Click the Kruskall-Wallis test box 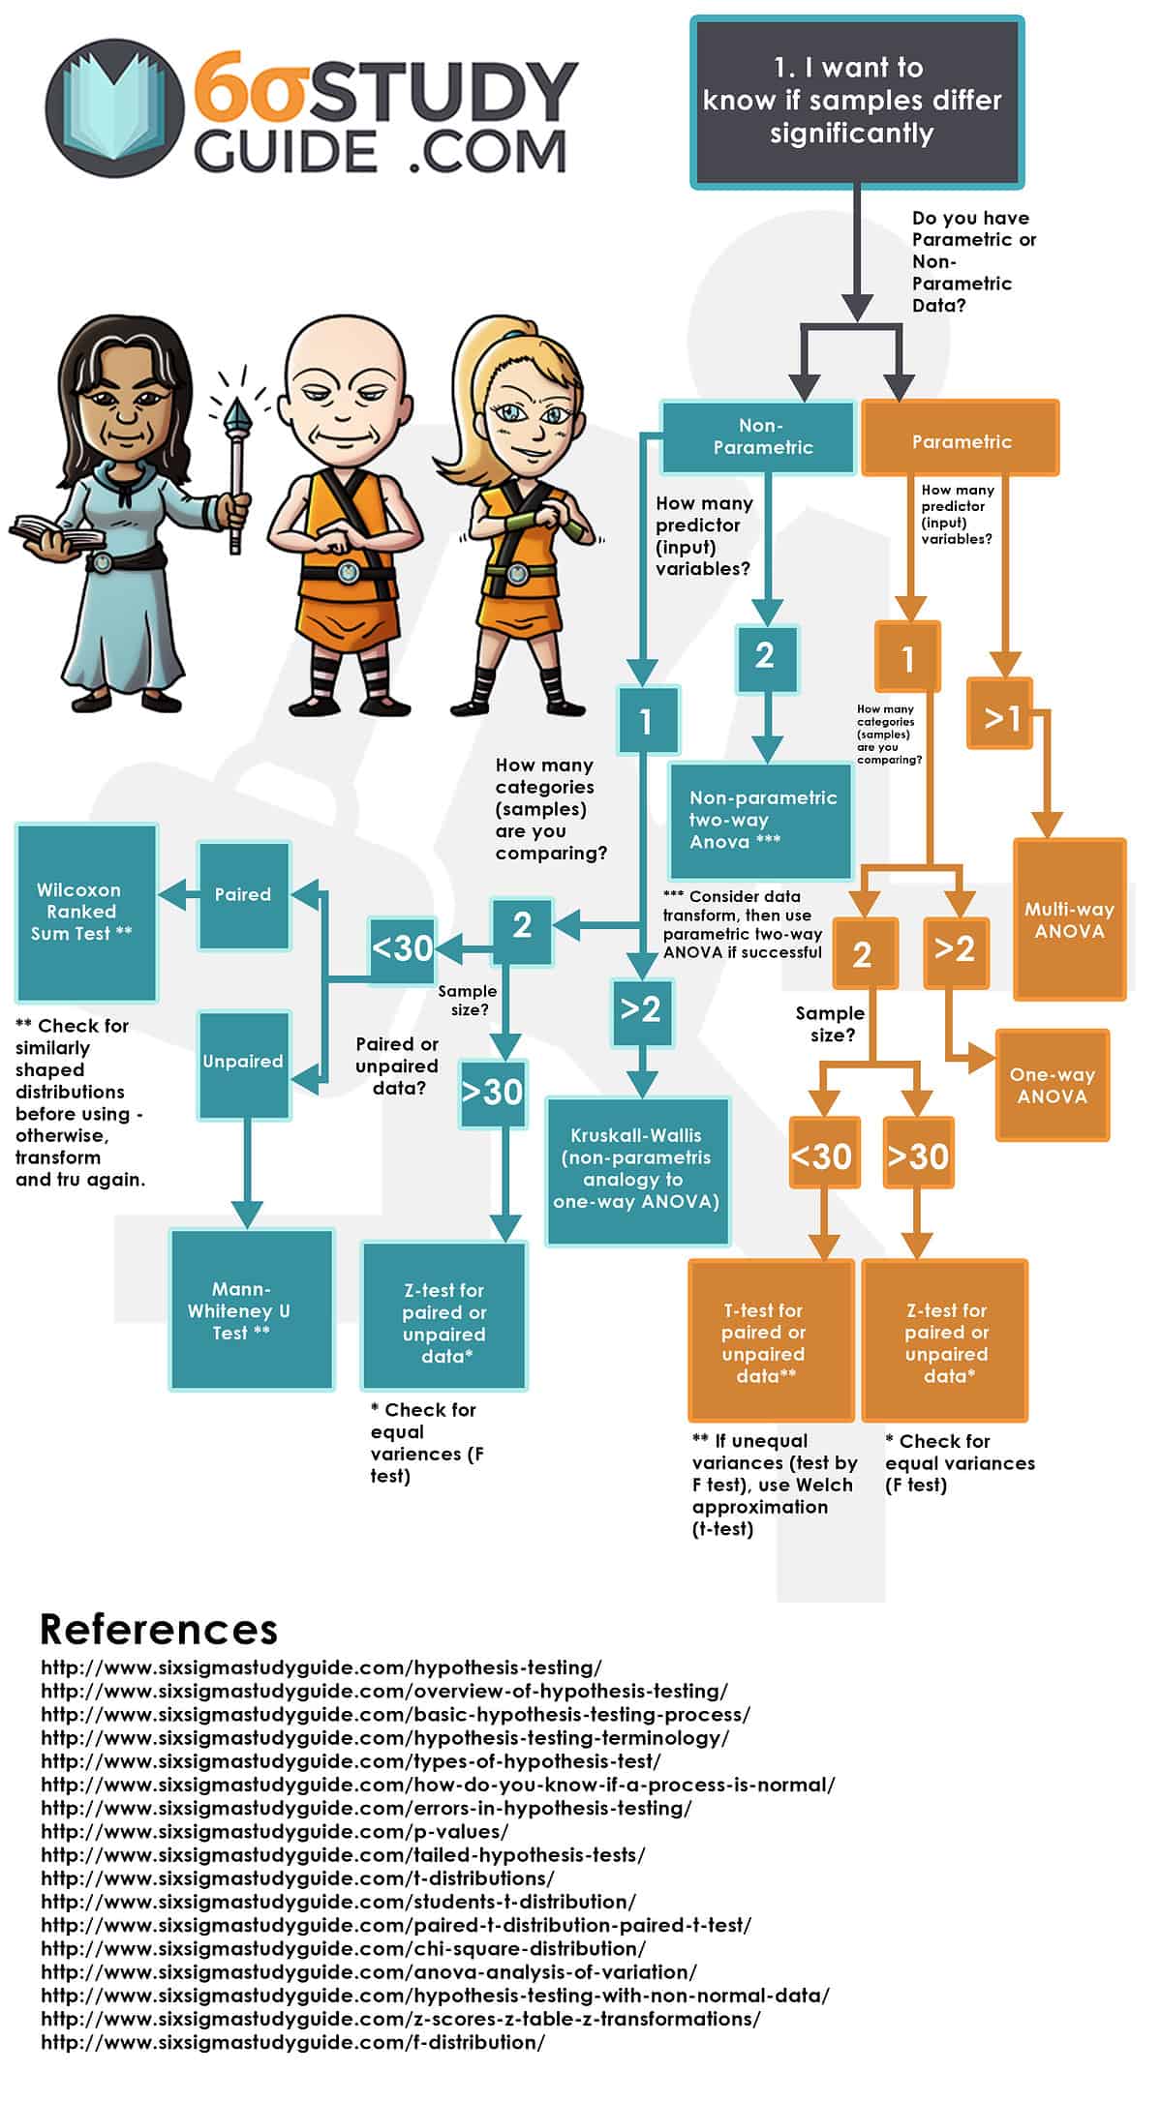pos(637,1170)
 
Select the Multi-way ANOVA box pos(1069,919)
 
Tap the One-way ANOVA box pos(1052,1085)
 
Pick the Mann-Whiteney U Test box pos(251,1309)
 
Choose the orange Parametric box pos(961,441)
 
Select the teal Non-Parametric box pos(758,436)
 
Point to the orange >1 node pos(1000,715)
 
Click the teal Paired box pos(243,895)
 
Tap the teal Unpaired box pos(243,1063)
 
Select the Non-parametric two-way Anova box pos(760,820)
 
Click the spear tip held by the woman pos(236,417)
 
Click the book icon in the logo pos(113,107)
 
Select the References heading pos(159,1629)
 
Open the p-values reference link pos(274,1831)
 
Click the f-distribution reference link pos(292,2041)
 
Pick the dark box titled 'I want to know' pos(856,101)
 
